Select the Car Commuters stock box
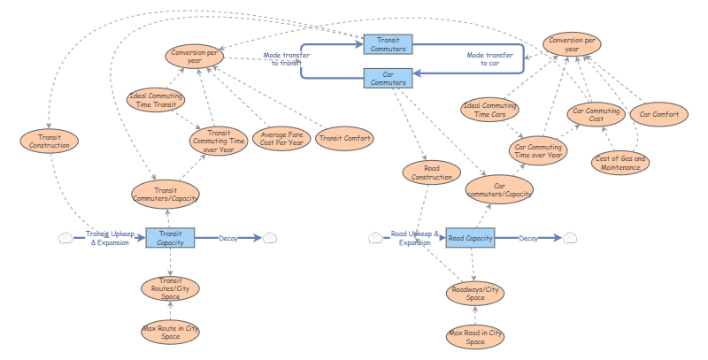388,78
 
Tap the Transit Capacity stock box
170,238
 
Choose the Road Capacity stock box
470,238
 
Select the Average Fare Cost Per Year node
281,138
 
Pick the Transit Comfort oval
344,138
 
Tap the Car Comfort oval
659,115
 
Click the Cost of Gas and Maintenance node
619,164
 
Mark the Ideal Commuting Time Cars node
489,110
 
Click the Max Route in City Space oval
171,333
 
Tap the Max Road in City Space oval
475,336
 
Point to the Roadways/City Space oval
475,294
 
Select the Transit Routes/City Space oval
171,288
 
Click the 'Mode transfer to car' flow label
489,59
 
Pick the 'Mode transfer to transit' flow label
285,58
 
